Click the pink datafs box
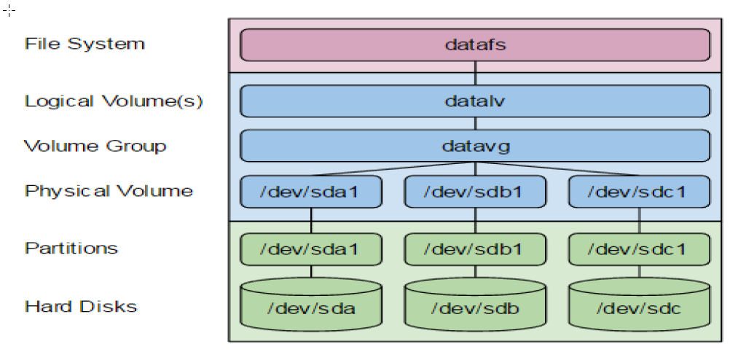475,44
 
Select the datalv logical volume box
475,101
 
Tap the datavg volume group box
475,146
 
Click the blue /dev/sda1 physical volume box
311,192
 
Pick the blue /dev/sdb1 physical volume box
475,192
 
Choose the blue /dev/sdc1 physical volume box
639,192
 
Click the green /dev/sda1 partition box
311,249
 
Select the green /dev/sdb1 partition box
475,249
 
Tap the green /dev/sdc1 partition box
639,249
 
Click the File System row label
85,44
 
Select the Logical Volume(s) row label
114,101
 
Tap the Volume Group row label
95,146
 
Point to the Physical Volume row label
109,191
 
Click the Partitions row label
71,248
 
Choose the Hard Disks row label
81,305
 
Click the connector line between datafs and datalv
475,73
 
